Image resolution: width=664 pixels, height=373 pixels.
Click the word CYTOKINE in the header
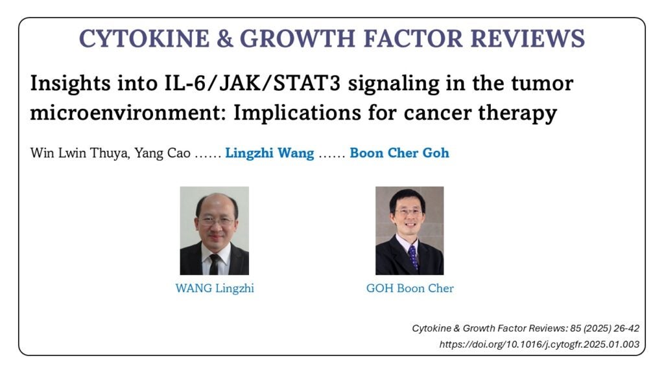pos(144,38)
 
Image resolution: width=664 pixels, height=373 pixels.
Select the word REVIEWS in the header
pos(528,38)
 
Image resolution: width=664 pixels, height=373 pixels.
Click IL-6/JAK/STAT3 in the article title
pos(252,83)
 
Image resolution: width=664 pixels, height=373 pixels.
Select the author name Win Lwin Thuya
pos(80,153)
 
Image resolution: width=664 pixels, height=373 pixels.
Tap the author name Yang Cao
pos(163,153)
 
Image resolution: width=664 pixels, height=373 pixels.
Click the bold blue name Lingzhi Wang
pos(270,153)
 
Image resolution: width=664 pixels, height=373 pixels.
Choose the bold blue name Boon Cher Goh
pos(399,153)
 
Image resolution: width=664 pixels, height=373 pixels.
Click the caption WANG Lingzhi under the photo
pos(215,288)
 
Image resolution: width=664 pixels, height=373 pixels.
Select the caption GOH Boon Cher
pos(410,288)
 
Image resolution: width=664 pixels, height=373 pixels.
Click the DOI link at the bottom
pos(539,345)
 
